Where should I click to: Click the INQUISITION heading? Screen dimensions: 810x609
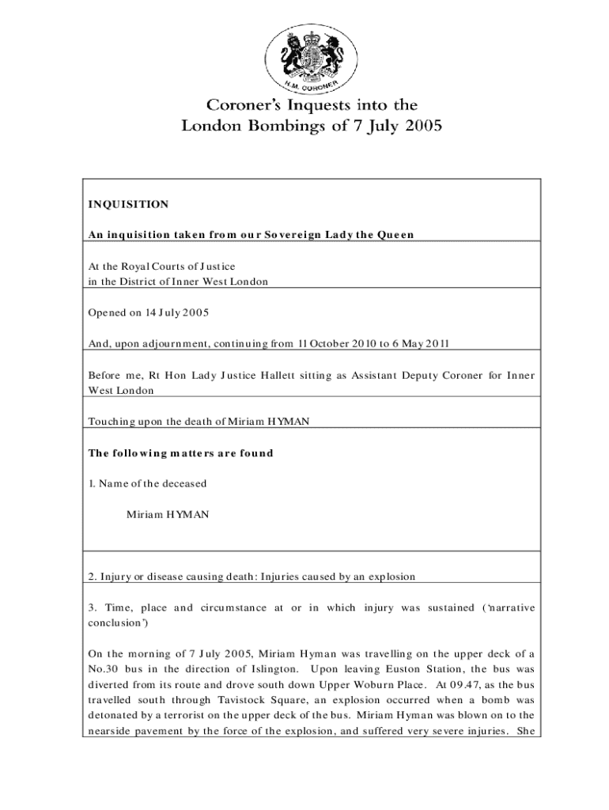(128, 204)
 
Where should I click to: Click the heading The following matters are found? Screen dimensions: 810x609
(180, 453)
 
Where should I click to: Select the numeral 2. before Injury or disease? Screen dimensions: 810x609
(93, 577)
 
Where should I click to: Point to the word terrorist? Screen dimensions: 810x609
(193, 715)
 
